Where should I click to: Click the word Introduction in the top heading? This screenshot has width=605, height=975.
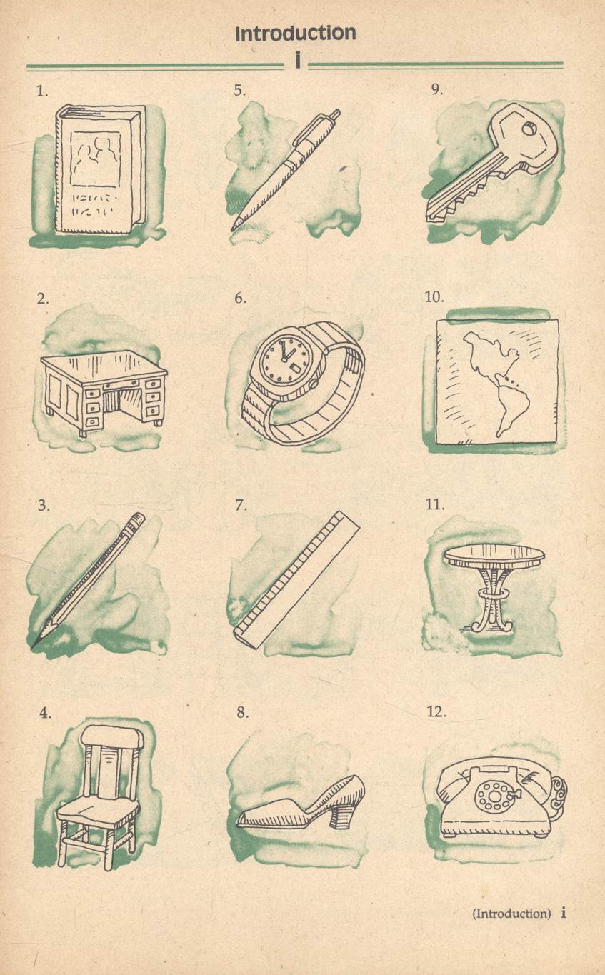(x=296, y=34)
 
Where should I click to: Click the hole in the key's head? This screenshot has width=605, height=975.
(x=529, y=129)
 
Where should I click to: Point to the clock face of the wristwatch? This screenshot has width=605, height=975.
(x=284, y=361)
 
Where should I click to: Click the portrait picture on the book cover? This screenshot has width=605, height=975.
(x=96, y=159)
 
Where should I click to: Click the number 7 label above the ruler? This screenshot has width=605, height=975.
(x=241, y=505)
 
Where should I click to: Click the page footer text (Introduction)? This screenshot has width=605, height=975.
(x=511, y=913)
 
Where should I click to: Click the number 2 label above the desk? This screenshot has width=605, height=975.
(x=43, y=299)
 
